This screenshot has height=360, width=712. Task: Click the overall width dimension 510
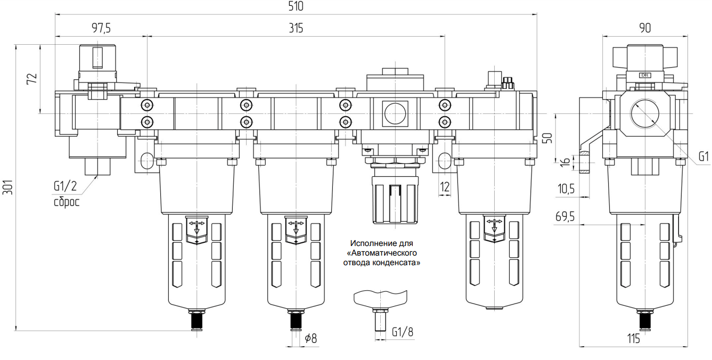(x=295, y=7)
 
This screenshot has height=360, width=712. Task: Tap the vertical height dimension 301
(x=8, y=187)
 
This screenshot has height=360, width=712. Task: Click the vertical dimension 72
(x=31, y=78)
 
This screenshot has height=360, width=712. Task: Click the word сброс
(x=66, y=202)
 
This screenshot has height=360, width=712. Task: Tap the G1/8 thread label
(x=403, y=331)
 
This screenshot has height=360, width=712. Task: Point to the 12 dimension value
(x=445, y=186)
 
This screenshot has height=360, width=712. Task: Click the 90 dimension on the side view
(x=644, y=28)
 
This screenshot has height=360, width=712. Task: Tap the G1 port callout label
(x=703, y=157)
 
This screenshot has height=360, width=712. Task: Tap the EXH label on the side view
(x=645, y=76)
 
